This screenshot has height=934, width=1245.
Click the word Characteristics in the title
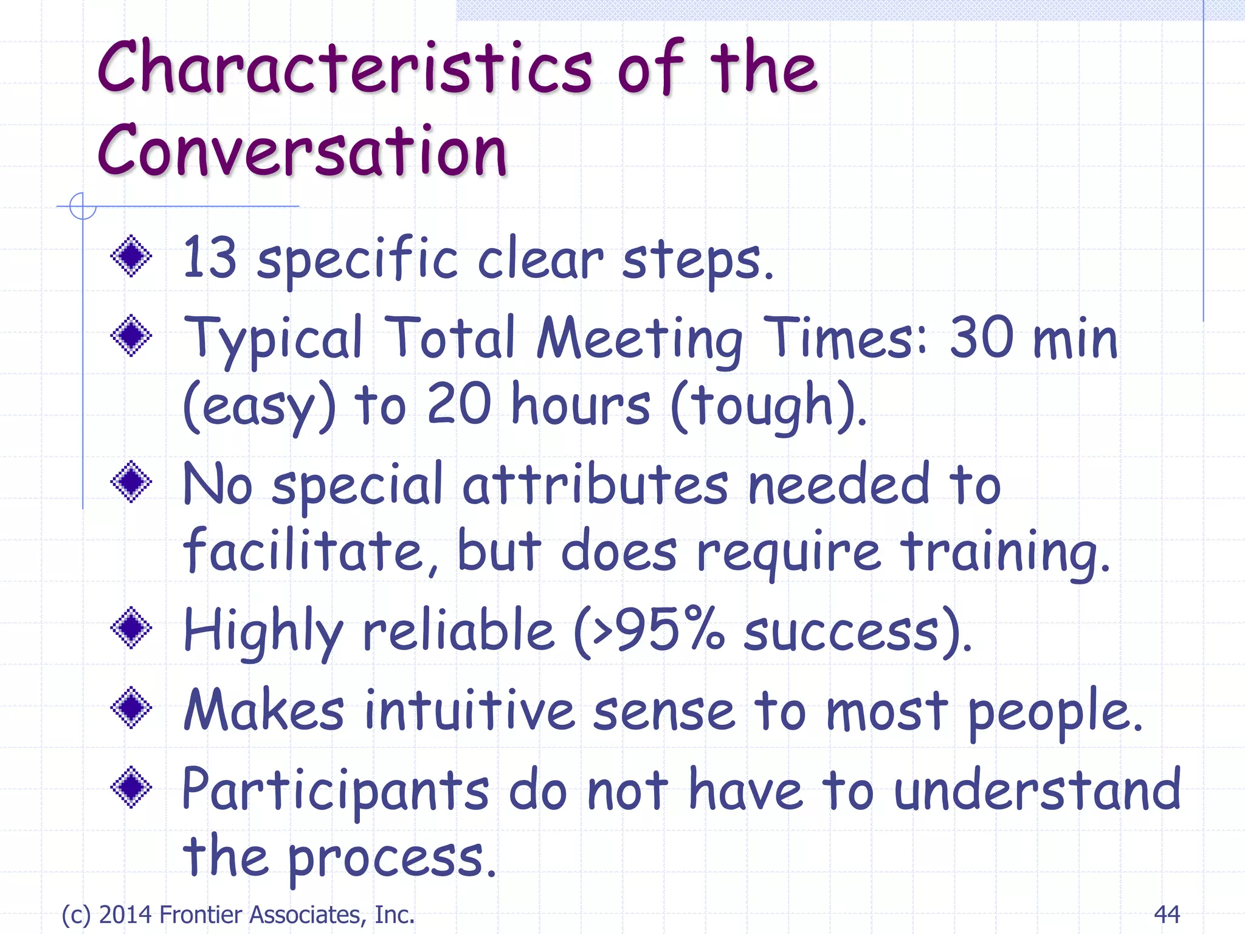point(344,68)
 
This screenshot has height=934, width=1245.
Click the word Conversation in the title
point(302,151)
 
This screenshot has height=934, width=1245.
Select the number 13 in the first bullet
point(209,258)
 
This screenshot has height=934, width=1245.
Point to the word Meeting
point(639,339)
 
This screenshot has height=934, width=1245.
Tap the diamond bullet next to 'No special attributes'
point(131,482)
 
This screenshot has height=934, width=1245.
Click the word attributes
point(595,485)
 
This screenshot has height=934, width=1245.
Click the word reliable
point(459,631)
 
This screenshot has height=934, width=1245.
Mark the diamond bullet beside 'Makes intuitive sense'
point(131,707)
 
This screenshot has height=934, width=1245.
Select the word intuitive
point(469,710)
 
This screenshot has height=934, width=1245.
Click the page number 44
point(1167,914)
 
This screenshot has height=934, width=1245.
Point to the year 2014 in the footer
point(126,915)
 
